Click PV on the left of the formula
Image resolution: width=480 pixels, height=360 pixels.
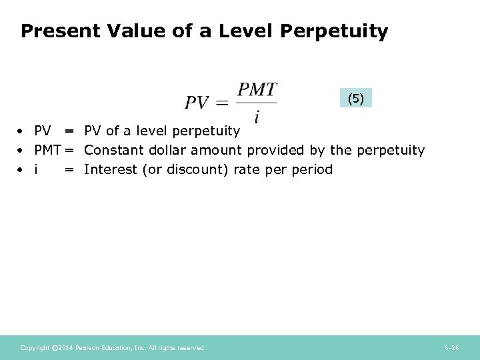[197, 103]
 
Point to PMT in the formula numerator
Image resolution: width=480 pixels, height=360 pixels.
[257, 89]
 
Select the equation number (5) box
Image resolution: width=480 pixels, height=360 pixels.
[355, 99]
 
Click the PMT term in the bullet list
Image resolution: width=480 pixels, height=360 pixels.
[48, 150]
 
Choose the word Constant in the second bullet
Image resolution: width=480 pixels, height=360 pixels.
[112, 150]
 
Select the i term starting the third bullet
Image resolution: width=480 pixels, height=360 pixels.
[36, 169]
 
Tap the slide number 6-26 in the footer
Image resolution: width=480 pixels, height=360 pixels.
[451, 348]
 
